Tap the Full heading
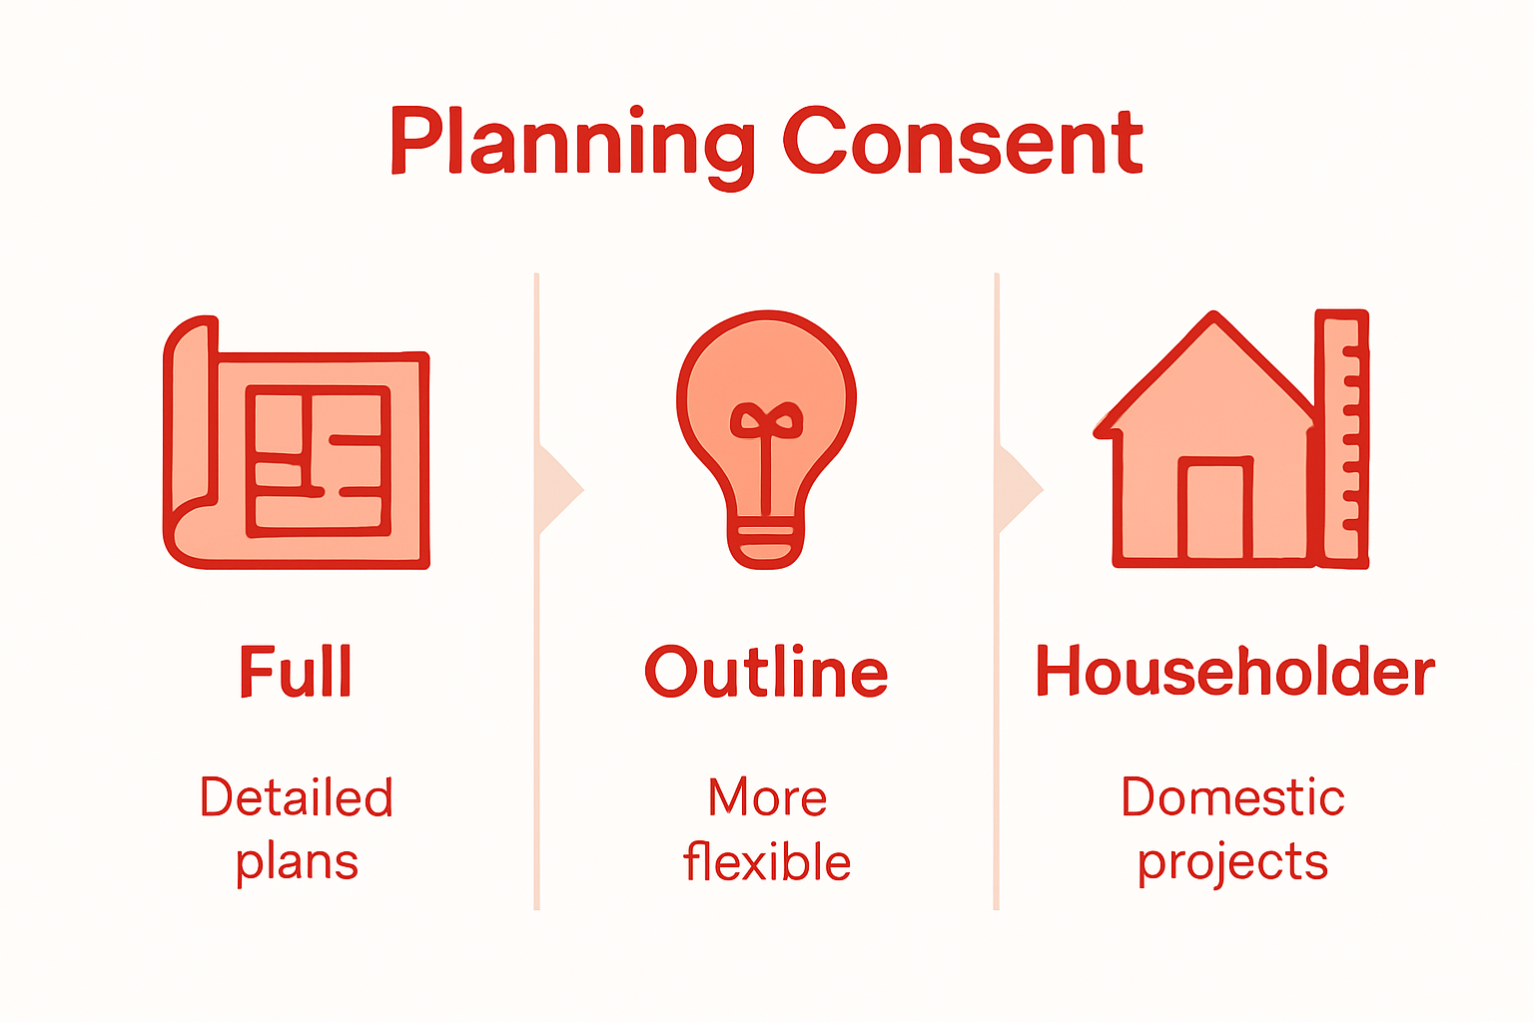[x=296, y=672]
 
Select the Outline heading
[x=766, y=672]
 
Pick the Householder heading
[x=1234, y=672]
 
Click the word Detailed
[x=297, y=797]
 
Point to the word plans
[x=297, y=862]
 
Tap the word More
[x=767, y=797]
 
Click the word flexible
[x=767, y=862]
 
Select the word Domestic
[x=1232, y=797]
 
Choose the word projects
[x=1232, y=862]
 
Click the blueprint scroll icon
[x=297, y=444]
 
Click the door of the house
[x=1214, y=509]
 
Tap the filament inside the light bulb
[x=766, y=439]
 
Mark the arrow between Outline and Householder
[x=1018, y=489]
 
